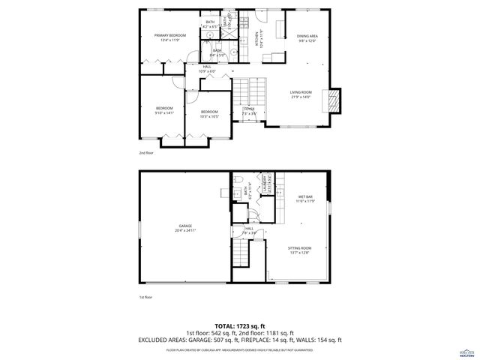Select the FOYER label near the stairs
[x=250, y=109]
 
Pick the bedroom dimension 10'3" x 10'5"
[x=208, y=116]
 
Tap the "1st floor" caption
[x=145, y=298]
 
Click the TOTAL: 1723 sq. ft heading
[x=239, y=326]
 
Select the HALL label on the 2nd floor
[x=207, y=67]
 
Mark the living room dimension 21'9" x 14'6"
[x=301, y=97]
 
